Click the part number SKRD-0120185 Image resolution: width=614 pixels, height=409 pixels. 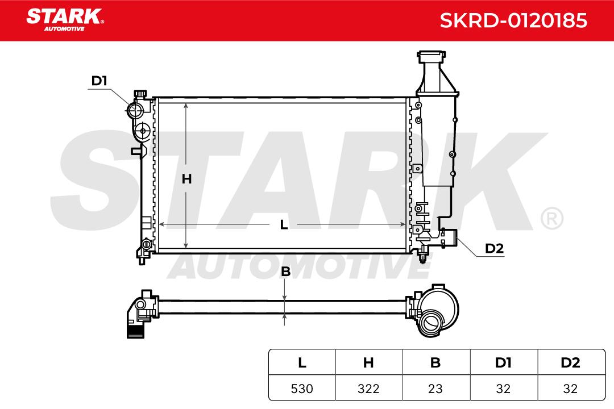pyautogui.click(x=513, y=20)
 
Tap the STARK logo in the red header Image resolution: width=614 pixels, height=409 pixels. pyautogui.click(x=65, y=20)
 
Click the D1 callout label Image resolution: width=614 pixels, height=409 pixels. pyautogui.click(x=99, y=81)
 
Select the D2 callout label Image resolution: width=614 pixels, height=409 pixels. pyautogui.click(x=494, y=248)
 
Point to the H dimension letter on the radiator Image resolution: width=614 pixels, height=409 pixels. pyautogui.click(x=187, y=179)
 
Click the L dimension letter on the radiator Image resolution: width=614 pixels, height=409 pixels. pyautogui.click(x=284, y=224)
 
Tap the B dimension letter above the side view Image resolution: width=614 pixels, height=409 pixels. pyautogui.click(x=286, y=271)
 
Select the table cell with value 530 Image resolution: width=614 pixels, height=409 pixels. pyautogui.click(x=302, y=388)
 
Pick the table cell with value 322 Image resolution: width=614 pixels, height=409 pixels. pyautogui.click(x=369, y=388)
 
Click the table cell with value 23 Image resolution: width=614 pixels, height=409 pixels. pyautogui.click(x=436, y=388)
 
